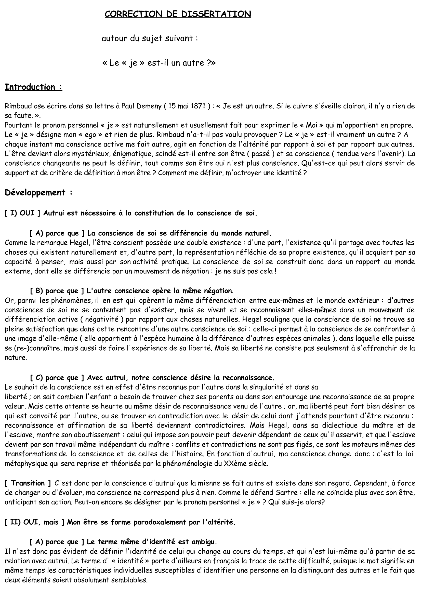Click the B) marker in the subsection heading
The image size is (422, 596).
(x=39, y=291)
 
